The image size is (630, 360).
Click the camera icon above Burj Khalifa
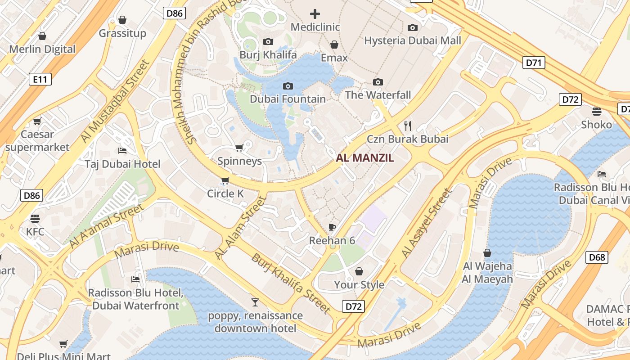[x=268, y=42]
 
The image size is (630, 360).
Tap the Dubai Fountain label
[x=288, y=99]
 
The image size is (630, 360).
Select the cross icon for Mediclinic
[x=315, y=14]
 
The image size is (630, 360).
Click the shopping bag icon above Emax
[x=334, y=45]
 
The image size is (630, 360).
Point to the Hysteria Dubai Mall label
[x=412, y=40]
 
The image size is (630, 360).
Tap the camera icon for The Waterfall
[x=378, y=82]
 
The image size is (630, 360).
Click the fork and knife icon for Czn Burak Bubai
[x=408, y=126]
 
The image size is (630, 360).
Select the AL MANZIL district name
[x=364, y=158]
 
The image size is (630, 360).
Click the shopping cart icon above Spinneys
[x=239, y=148]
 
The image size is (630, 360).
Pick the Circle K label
[x=225, y=193]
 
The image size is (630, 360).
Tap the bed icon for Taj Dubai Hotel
[x=122, y=150]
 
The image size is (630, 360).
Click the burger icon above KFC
[x=35, y=219]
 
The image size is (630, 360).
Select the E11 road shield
[x=40, y=80]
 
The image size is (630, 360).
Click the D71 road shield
[x=534, y=63]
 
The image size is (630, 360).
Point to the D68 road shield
[x=597, y=257]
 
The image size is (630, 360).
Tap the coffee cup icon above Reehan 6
[x=332, y=227]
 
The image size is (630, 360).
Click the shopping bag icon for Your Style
[x=359, y=271]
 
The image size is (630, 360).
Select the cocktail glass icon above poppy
[x=255, y=302]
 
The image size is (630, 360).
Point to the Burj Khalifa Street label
[x=291, y=283]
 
